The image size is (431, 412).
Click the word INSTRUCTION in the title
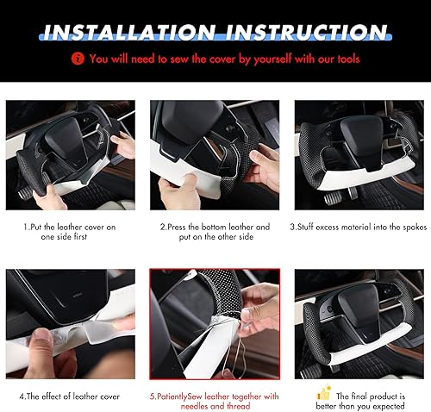tap(306, 34)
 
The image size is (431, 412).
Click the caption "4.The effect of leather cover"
tap(72, 396)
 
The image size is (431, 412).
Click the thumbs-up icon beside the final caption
tap(325, 393)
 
